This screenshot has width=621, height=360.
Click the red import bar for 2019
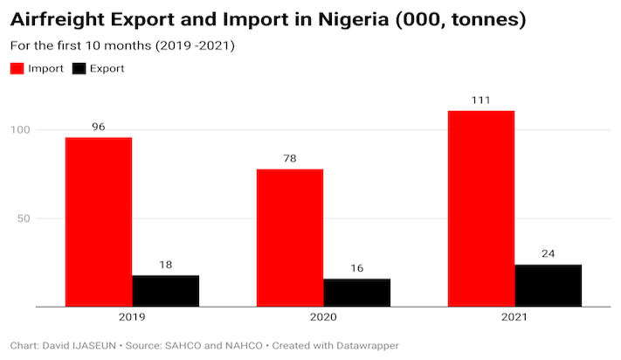click(99, 222)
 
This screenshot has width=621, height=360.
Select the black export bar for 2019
click(166, 291)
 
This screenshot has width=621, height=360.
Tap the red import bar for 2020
click(290, 238)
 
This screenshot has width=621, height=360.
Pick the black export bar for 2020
click(356, 293)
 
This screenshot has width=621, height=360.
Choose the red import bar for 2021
click(480, 209)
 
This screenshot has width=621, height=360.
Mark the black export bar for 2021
click(548, 286)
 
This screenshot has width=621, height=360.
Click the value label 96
click(99, 127)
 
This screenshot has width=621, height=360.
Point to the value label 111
click(480, 100)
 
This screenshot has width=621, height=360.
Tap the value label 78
click(290, 158)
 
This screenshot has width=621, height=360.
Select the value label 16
click(356, 268)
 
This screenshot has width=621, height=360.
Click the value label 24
click(548, 254)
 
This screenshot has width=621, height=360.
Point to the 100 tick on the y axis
click(21, 130)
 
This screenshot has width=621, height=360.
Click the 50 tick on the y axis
click(24, 218)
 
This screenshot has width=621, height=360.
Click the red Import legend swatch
click(17, 68)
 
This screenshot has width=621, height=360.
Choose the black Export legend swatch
click(79, 68)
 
